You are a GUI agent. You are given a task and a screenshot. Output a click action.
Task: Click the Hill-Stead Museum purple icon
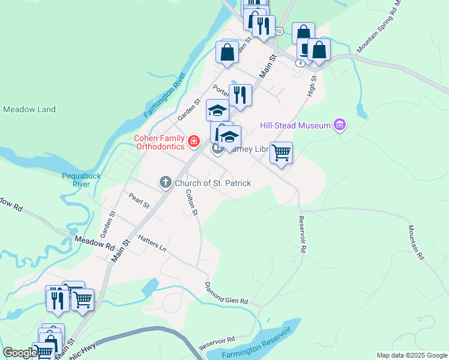click(x=340, y=125)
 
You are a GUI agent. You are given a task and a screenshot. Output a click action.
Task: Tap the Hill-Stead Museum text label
click(x=295, y=125)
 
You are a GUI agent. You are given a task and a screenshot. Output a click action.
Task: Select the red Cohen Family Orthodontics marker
click(x=193, y=142)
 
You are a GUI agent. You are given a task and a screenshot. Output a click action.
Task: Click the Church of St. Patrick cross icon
click(x=166, y=182)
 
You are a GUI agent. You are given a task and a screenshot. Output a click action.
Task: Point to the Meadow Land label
click(x=29, y=109)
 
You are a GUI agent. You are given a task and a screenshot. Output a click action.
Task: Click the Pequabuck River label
click(x=76, y=179)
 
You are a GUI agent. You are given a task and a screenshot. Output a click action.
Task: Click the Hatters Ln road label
click(x=152, y=244)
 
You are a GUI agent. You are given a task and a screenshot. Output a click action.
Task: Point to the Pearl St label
click(x=139, y=200)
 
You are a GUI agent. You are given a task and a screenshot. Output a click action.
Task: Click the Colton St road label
click(x=191, y=202)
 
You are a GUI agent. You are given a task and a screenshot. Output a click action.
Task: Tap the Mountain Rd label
click(x=417, y=242)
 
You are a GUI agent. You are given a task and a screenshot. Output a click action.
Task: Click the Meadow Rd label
click(x=95, y=242)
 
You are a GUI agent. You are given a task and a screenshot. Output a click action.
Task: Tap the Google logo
click(x=20, y=353)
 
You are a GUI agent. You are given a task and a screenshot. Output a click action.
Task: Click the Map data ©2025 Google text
click(x=411, y=355)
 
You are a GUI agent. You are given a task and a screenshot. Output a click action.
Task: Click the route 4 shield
click(x=300, y=62)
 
